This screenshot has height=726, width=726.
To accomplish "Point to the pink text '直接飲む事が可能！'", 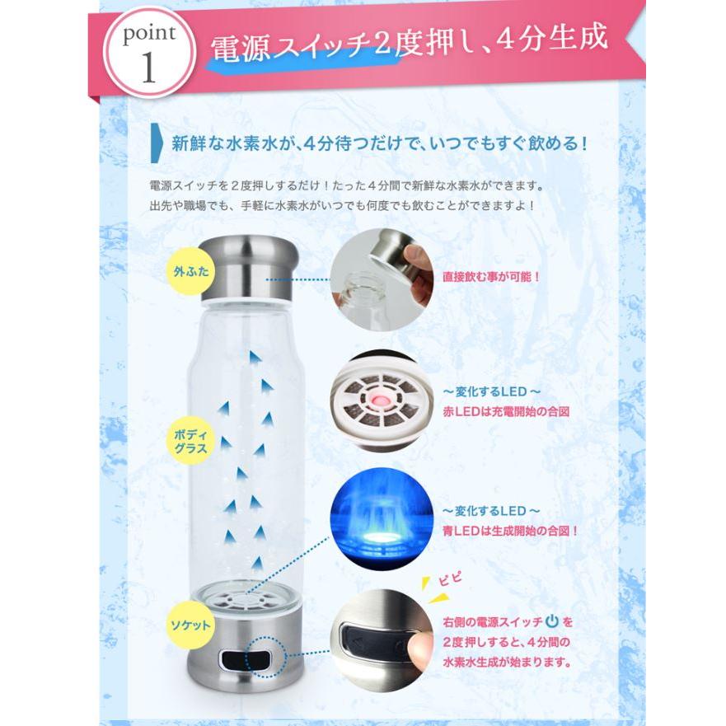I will coord(491,277).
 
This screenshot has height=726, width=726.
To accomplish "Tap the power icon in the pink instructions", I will coord(551,621).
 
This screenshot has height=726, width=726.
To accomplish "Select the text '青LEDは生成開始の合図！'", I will coord(510,530).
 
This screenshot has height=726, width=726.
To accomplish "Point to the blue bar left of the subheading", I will coord(155,141).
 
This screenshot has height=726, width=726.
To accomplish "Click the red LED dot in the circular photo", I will coord(381,399).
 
